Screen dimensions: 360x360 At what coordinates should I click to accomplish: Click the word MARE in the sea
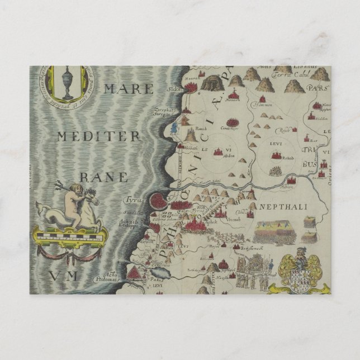click(x=128, y=89)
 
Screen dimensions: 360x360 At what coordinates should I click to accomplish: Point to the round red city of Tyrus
click(x=158, y=200)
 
